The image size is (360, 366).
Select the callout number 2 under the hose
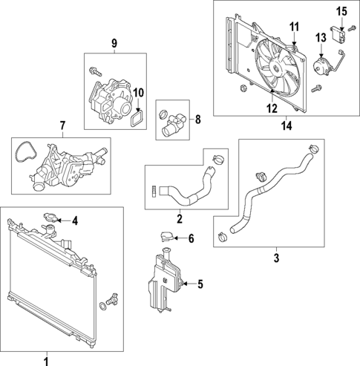point(179,219)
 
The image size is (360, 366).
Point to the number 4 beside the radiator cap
point(74,220)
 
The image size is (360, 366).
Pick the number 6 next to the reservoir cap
point(191,238)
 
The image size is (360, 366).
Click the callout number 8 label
point(197,119)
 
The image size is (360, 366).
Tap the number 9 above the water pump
point(114,43)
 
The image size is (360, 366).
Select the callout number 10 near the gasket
point(137,92)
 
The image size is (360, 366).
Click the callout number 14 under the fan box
point(286,126)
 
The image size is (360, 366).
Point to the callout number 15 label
point(342,10)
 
